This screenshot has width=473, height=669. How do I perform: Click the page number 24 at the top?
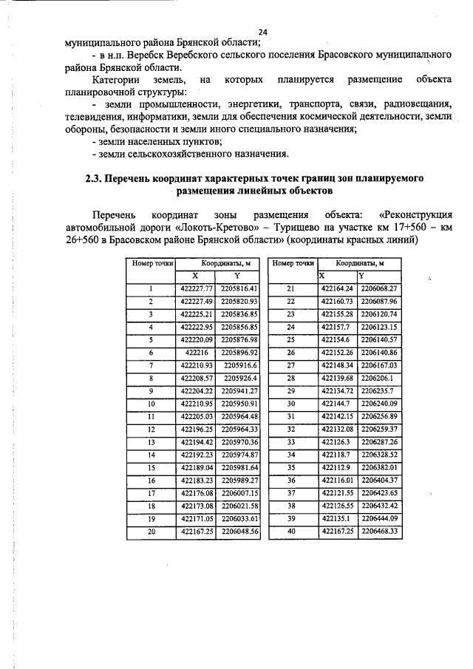(262, 31)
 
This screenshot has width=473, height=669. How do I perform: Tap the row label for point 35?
(290, 467)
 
